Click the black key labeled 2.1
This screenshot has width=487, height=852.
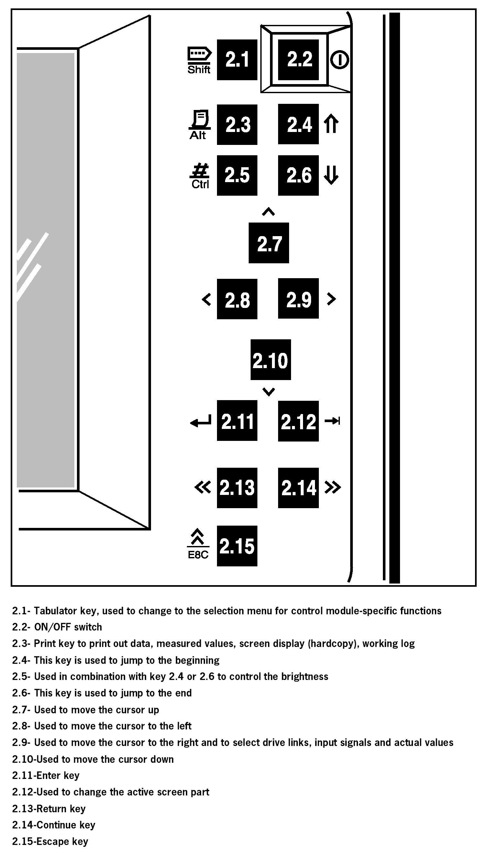click(237, 60)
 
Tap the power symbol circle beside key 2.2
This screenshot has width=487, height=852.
click(340, 60)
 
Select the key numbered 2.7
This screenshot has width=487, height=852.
click(269, 243)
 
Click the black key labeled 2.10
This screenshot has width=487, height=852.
click(271, 360)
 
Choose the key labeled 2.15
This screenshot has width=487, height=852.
click(237, 546)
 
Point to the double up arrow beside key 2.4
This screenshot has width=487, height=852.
click(331, 124)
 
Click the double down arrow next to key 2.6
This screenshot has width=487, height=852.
click(331, 175)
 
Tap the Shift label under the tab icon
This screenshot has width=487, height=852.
click(199, 70)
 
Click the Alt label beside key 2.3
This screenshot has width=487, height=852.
click(198, 135)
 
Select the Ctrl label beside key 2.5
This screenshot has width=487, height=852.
click(200, 184)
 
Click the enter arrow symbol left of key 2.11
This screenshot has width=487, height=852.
click(201, 421)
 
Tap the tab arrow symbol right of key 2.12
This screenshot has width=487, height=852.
click(332, 421)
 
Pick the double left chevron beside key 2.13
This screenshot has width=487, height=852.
click(203, 487)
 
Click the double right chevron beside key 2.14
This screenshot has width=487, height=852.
click(332, 487)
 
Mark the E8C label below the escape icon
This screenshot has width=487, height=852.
click(198, 555)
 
